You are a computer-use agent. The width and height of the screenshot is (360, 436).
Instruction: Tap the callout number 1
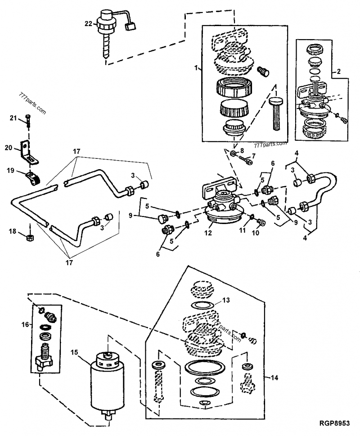coord(196,67)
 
